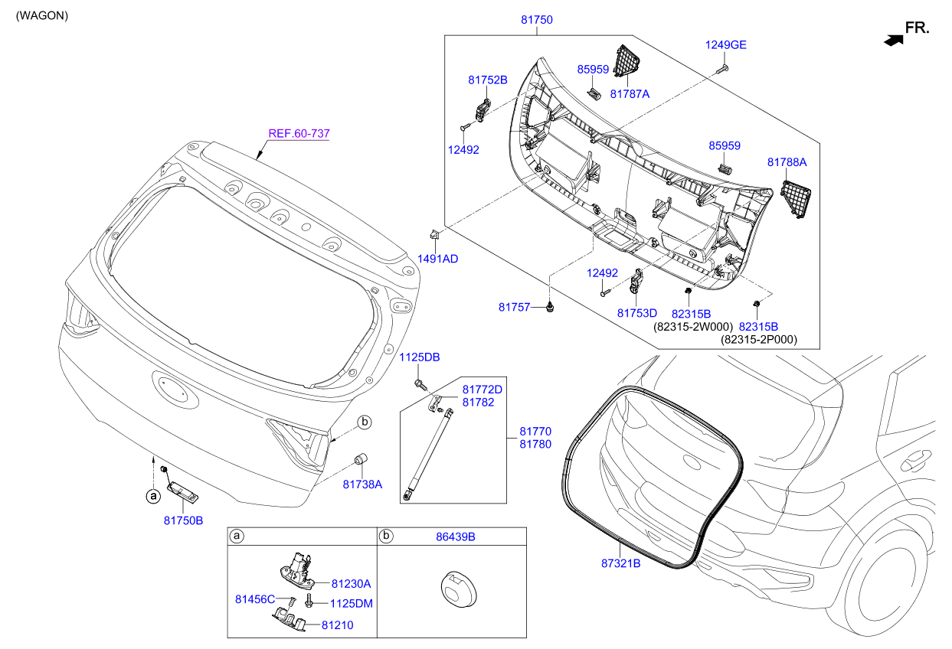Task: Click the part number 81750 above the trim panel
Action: pos(536,20)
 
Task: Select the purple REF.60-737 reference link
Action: pos(299,133)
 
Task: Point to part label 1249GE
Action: pos(725,44)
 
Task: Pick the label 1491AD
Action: pos(437,259)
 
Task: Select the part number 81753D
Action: pos(637,313)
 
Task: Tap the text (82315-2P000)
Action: pos(758,340)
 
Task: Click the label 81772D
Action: pos(482,390)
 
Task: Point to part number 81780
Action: pos(535,444)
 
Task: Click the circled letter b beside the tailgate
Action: pos(365,422)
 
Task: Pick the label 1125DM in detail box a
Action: pos(352,603)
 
